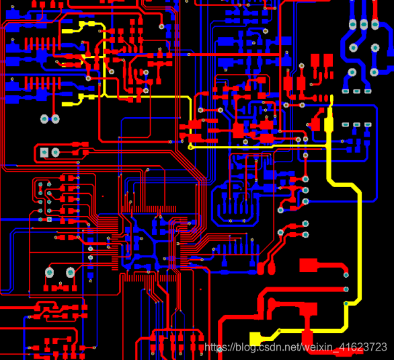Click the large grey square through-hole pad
[x=44, y=152]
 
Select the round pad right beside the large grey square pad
[x=55, y=152]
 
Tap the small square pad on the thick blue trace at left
[x=49, y=219]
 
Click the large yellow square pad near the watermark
[x=255, y=338]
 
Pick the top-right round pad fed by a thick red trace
[x=375, y=25]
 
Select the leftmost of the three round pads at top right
[x=353, y=25]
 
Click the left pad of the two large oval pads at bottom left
[x=49, y=273]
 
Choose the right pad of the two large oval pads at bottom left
[x=70, y=273]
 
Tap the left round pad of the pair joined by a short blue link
[x=44, y=118]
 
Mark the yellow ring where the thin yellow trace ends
[x=190, y=147]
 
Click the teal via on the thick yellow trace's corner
[x=346, y=303]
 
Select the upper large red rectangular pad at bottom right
[x=309, y=265]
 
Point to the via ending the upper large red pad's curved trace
[x=346, y=275]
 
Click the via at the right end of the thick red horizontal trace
[x=346, y=289]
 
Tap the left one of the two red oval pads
[x=260, y=268]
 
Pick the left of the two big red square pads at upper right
[x=315, y=61]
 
